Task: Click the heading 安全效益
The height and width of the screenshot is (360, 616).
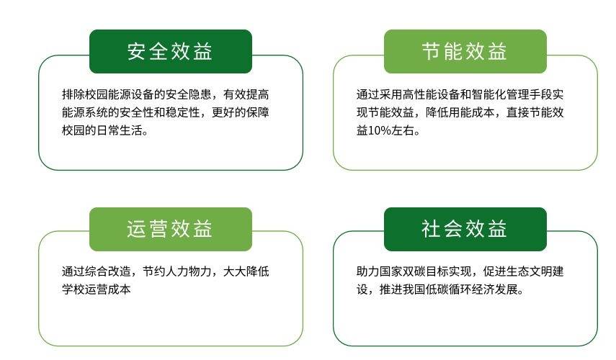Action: tap(170, 51)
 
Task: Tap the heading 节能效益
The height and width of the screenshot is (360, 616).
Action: tap(465, 51)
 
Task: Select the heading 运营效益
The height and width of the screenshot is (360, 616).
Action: tap(170, 229)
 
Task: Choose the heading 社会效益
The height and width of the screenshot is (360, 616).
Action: tap(465, 229)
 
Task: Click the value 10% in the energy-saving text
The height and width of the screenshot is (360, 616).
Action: tap(380, 130)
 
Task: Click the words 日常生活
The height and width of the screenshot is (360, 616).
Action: tap(119, 130)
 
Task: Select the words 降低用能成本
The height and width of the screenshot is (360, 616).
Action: tap(460, 112)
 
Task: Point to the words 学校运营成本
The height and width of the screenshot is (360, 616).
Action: tap(97, 289)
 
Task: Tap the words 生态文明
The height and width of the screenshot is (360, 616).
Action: tap(529, 271)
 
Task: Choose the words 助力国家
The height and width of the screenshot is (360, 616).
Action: tap(380, 271)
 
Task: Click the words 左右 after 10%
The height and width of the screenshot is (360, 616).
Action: tap(403, 130)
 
